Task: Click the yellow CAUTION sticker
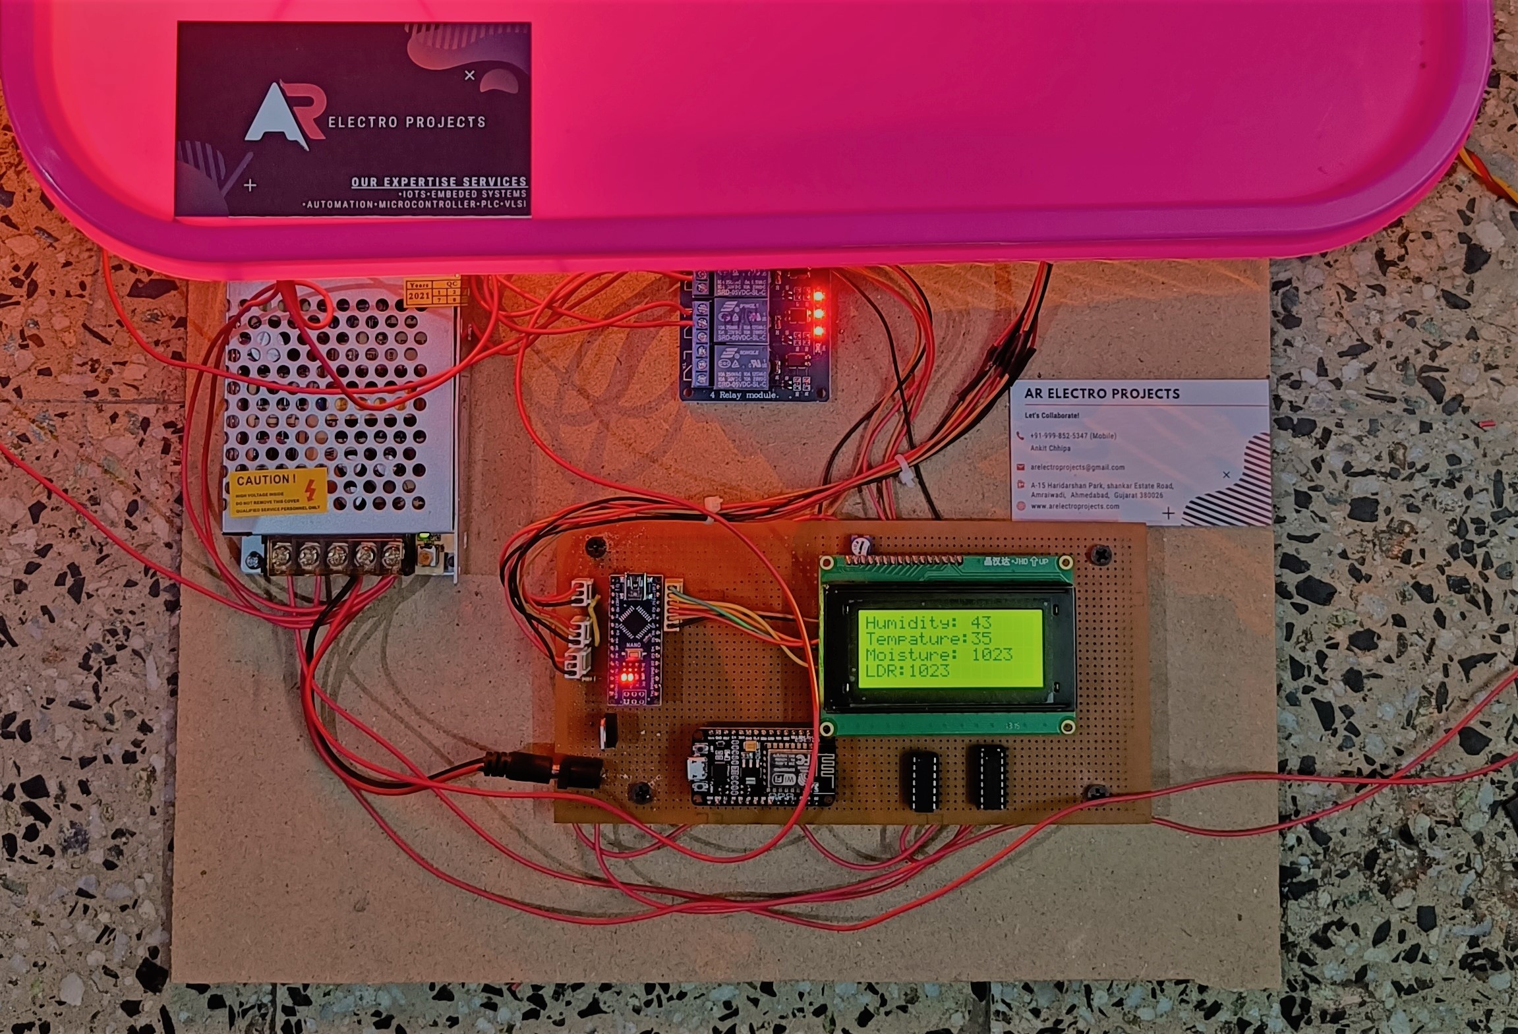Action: pos(277,492)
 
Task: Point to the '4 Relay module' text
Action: pos(743,395)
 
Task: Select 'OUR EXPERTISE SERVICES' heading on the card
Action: pos(439,182)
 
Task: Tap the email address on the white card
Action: pos(1077,467)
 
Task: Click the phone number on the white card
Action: pos(1072,436)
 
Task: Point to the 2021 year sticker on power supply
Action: pos(419,296)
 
